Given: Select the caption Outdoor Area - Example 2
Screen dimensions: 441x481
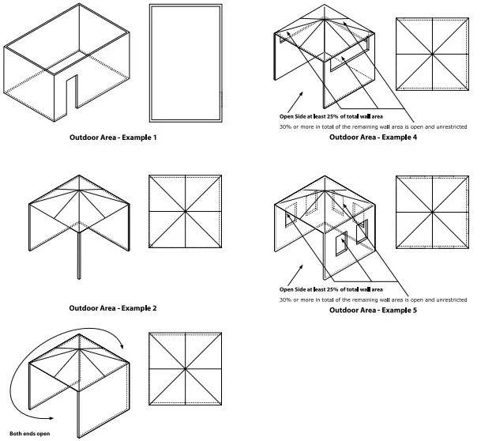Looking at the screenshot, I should tap(113, 307).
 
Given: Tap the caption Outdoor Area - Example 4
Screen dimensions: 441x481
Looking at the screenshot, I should tap(373, 138).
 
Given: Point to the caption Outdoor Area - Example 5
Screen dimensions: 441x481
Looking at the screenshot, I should tap(373, 311).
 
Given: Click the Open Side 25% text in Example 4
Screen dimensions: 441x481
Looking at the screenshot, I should tap(341, 114).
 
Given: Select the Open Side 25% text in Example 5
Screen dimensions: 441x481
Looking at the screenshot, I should tap(341, 288).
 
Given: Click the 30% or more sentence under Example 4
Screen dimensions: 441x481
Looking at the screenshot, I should tap(373, 126).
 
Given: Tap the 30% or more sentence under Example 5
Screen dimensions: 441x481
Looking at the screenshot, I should tap(373, 300).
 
